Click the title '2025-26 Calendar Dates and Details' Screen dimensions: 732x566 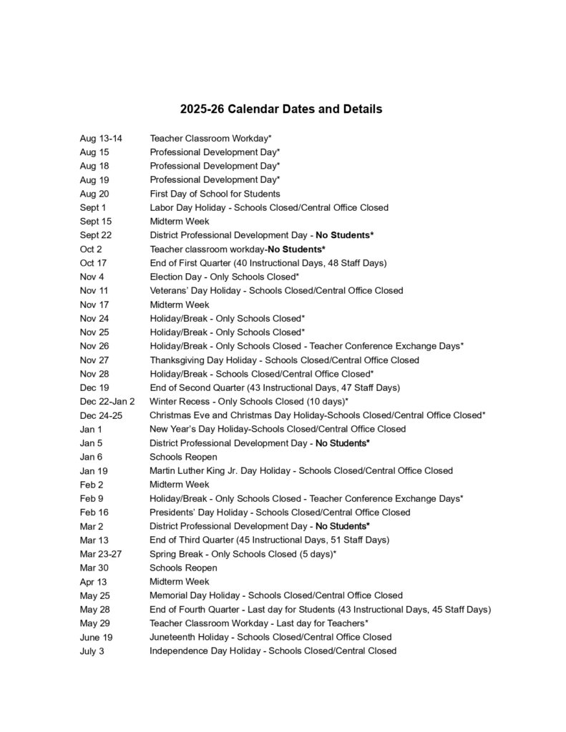281,109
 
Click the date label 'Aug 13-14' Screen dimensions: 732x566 101,138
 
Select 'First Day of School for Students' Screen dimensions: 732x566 215,194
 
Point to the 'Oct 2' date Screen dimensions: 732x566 91,249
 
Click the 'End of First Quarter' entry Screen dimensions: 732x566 268,263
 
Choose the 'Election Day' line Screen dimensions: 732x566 224,277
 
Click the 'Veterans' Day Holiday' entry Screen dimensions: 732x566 276,290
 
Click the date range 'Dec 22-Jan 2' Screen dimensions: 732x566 107,401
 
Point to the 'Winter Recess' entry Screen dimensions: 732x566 249,401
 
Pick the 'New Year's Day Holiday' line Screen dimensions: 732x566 278,429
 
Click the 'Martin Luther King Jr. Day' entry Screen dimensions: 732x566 301,470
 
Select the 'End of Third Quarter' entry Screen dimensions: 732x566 269,540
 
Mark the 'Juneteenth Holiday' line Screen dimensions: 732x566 270,637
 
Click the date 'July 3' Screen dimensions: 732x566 92,651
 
